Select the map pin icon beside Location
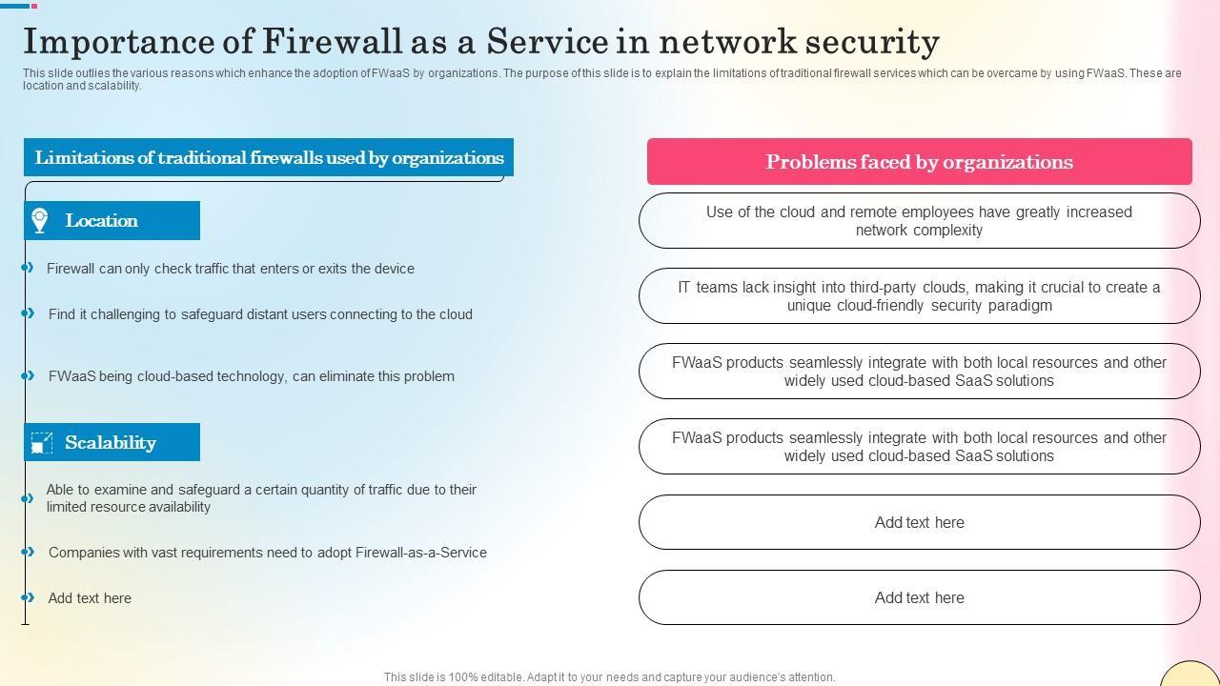pos(40,220)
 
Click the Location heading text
pos(102,221)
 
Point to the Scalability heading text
pos(111,443)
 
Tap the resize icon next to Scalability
pos(41,443)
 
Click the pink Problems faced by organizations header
pos(919,162)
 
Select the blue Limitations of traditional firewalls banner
pos(269,158)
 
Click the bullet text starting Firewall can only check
pos(231,269)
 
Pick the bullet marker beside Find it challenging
pos(29,313)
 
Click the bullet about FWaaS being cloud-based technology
pos(252,376)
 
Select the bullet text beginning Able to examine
pos(261,498)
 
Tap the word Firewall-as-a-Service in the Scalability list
pos(421,553)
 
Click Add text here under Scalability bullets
pos(90,598)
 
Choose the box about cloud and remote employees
pos(919,221)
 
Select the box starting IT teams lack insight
pos(919,296)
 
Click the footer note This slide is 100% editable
pos(609,677)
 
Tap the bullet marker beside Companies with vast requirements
pos(29,552)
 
